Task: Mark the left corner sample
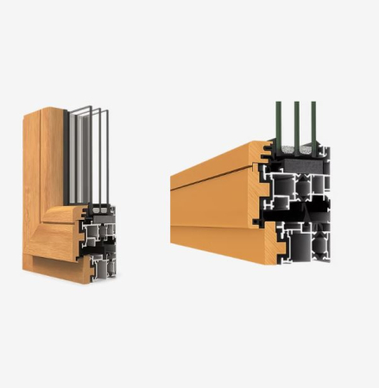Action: [69, 198]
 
